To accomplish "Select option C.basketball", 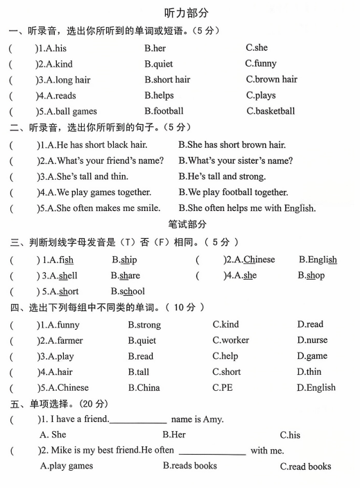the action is click(x=271, y=111).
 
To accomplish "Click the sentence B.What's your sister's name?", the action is click(x=235, y=161).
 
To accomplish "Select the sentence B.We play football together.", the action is click(x=233, y=192).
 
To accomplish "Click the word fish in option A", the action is click(x=67, y=260).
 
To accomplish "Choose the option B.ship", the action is click(x=124, y=260).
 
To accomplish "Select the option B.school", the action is click(x=128, y=292).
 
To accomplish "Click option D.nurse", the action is click(x=312, y=340).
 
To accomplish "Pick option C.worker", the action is click(x=231, y=340).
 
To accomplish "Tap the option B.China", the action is click(x=144, y=388).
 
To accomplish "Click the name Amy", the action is click(x=212, y=419).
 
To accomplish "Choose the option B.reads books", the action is click(x=189, y=466).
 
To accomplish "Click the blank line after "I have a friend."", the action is click(x=138, y=421).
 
